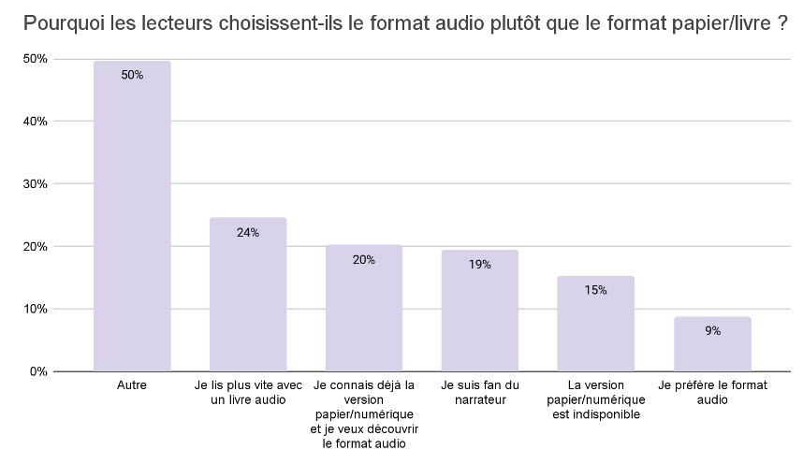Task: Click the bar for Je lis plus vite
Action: pyautogui.click(x=248, y=299)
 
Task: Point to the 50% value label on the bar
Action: pyautogui.click(x=132, y=75)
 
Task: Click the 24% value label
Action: pyautogui.click(x=248, y=232)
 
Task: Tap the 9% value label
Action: pyautogui.click(x=712, y=330)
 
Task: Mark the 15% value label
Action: pyautogui.click(x=595, y=290)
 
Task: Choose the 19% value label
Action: pyautogui.click(x=479, y=265)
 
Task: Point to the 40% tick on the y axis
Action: pyautogui.click(x=36, y=122)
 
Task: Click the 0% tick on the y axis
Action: pyautogui.click(x=38, y=371)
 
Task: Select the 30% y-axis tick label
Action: pyautogui.click(x=36, y=184)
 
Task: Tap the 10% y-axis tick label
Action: pyautogui.click(x=36, y=309)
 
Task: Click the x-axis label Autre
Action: pyautogui.click(x=132, y=384)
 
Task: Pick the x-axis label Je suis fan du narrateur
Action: pyautogui.click(x=479, y=392)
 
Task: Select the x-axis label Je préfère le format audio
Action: pyautogui.click(x=712, y=392)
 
